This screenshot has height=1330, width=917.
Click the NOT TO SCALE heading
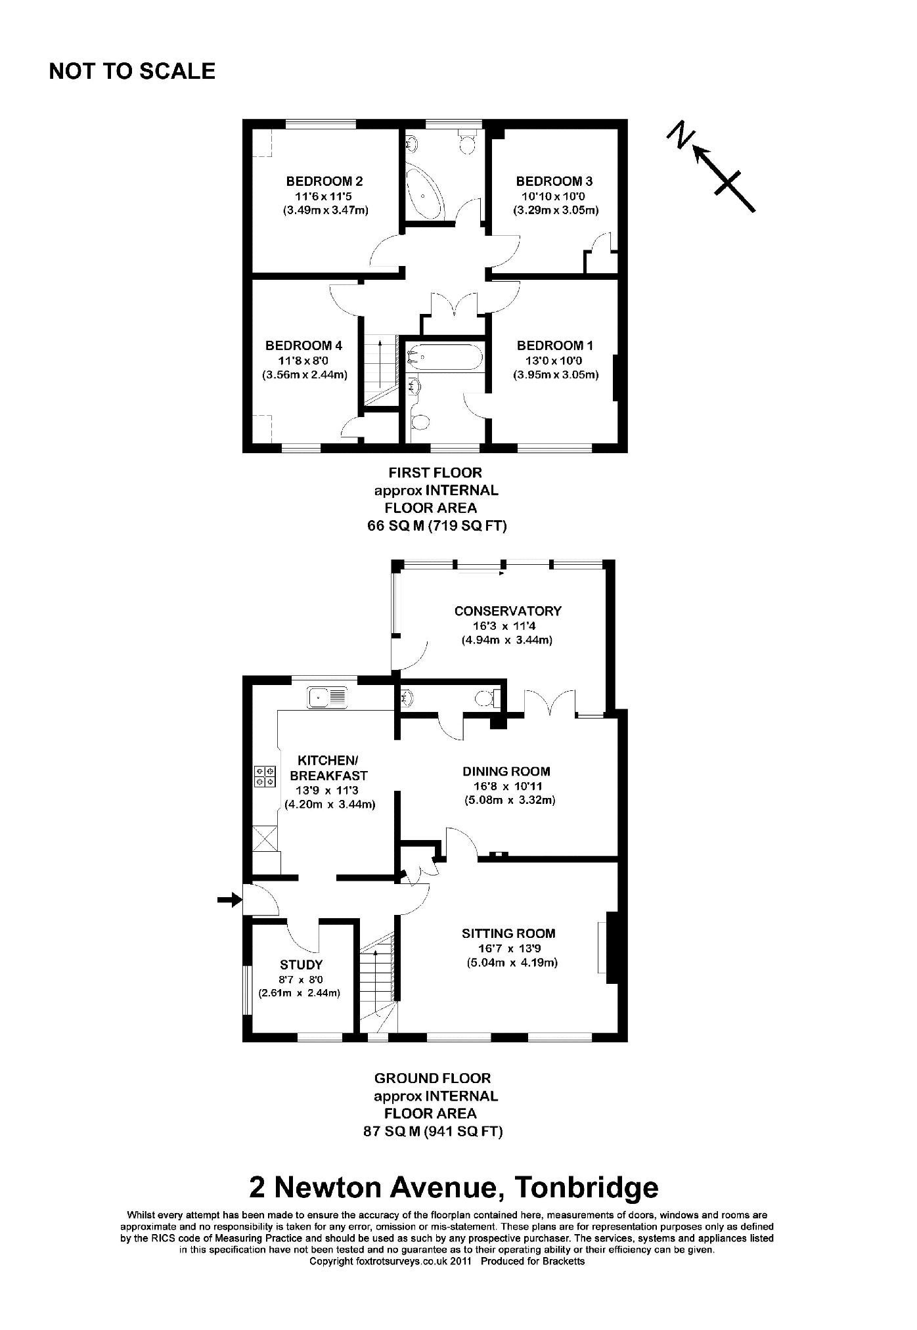click(132, 71)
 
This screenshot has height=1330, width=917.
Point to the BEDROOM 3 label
click(549, 181)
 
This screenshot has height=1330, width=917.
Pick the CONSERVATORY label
click(508, 611)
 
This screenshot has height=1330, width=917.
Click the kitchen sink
click(326, 696)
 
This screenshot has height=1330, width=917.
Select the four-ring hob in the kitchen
click(266, 776)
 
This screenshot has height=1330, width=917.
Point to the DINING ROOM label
click(506, 772)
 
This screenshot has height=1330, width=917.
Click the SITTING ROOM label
click(508, 933)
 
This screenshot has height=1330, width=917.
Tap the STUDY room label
click(302, 965)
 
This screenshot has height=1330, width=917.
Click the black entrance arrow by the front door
click(228, 900)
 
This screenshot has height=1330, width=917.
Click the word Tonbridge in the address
click(586, 1187)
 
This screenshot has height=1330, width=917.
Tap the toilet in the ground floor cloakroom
click(487, 698)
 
